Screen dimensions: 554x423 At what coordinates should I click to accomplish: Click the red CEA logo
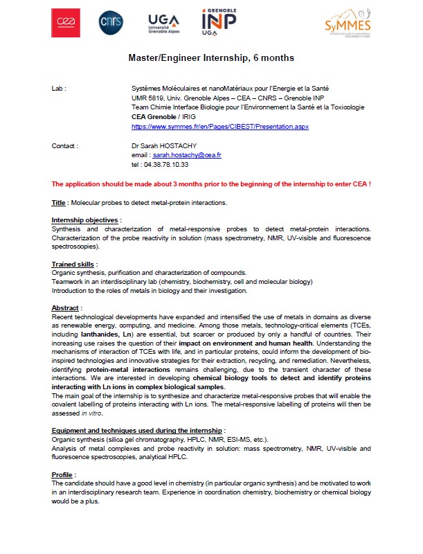(x=68, y=24)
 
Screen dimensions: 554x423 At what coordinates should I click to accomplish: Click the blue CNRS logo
(x=111, y=23)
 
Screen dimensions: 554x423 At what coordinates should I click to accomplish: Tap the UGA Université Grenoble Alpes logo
(x=165, y=24)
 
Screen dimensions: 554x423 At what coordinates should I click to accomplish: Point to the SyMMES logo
(x=348, y=25)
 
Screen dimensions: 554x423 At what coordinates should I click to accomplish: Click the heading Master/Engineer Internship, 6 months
(x=211, y=58)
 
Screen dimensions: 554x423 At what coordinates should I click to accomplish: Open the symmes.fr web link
(x=219, y=127)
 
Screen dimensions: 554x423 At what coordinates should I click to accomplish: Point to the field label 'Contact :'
(x=65, y=146)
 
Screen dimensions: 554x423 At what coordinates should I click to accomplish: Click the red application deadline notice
(x=211, y=184)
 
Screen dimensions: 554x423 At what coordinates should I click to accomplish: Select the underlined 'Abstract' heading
(x=66, y=307)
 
